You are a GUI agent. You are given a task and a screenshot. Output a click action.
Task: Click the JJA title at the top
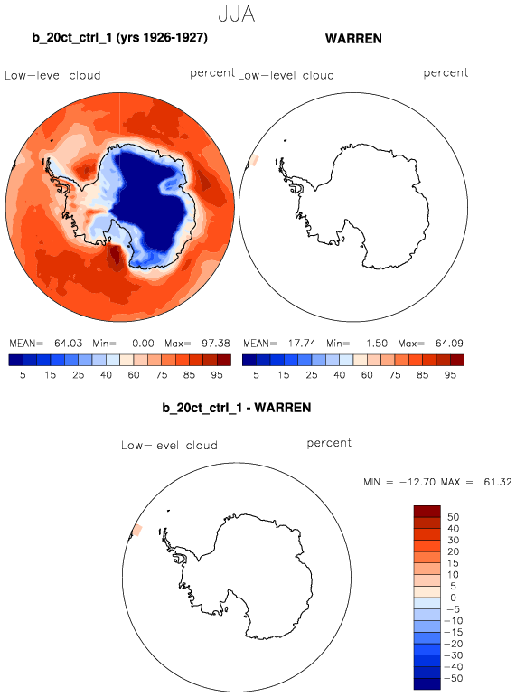tap(237, 14)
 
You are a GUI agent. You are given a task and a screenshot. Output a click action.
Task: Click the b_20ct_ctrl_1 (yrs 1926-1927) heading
tap(119, 37)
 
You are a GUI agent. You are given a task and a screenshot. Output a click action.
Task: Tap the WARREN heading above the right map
tap(353, 39)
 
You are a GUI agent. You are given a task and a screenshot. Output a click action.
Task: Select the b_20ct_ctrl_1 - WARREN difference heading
tap(237, 408)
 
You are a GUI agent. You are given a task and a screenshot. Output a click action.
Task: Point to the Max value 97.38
tap(216, 344)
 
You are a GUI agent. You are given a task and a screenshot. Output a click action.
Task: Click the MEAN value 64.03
tap(68, 344)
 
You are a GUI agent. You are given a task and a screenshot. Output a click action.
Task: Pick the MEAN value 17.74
tap(301, 344)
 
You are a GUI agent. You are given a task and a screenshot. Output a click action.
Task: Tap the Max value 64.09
tap(449, 344)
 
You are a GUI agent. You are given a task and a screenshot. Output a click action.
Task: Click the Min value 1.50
tap(377, 344)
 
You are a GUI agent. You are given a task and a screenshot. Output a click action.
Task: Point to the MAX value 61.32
tap(498, 482)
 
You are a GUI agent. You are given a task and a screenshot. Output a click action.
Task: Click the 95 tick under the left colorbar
tap(217, 375)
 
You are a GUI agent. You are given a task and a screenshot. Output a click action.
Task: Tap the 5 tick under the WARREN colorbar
tap(256, 375)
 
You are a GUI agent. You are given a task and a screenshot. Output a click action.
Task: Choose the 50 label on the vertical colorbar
tap(453, 517)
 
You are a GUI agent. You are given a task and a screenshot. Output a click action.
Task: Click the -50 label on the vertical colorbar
tap(454, 678)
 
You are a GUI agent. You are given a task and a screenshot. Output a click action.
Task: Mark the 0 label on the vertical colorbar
tap(453, 598)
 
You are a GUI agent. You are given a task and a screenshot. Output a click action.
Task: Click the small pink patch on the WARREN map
tap(254, 161)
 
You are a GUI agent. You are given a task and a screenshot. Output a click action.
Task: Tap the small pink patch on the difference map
tap(137, 530)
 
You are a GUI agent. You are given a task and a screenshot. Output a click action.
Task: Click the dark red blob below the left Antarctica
tap(117, 257)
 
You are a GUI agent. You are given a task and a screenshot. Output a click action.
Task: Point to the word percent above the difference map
tap(329, 443)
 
